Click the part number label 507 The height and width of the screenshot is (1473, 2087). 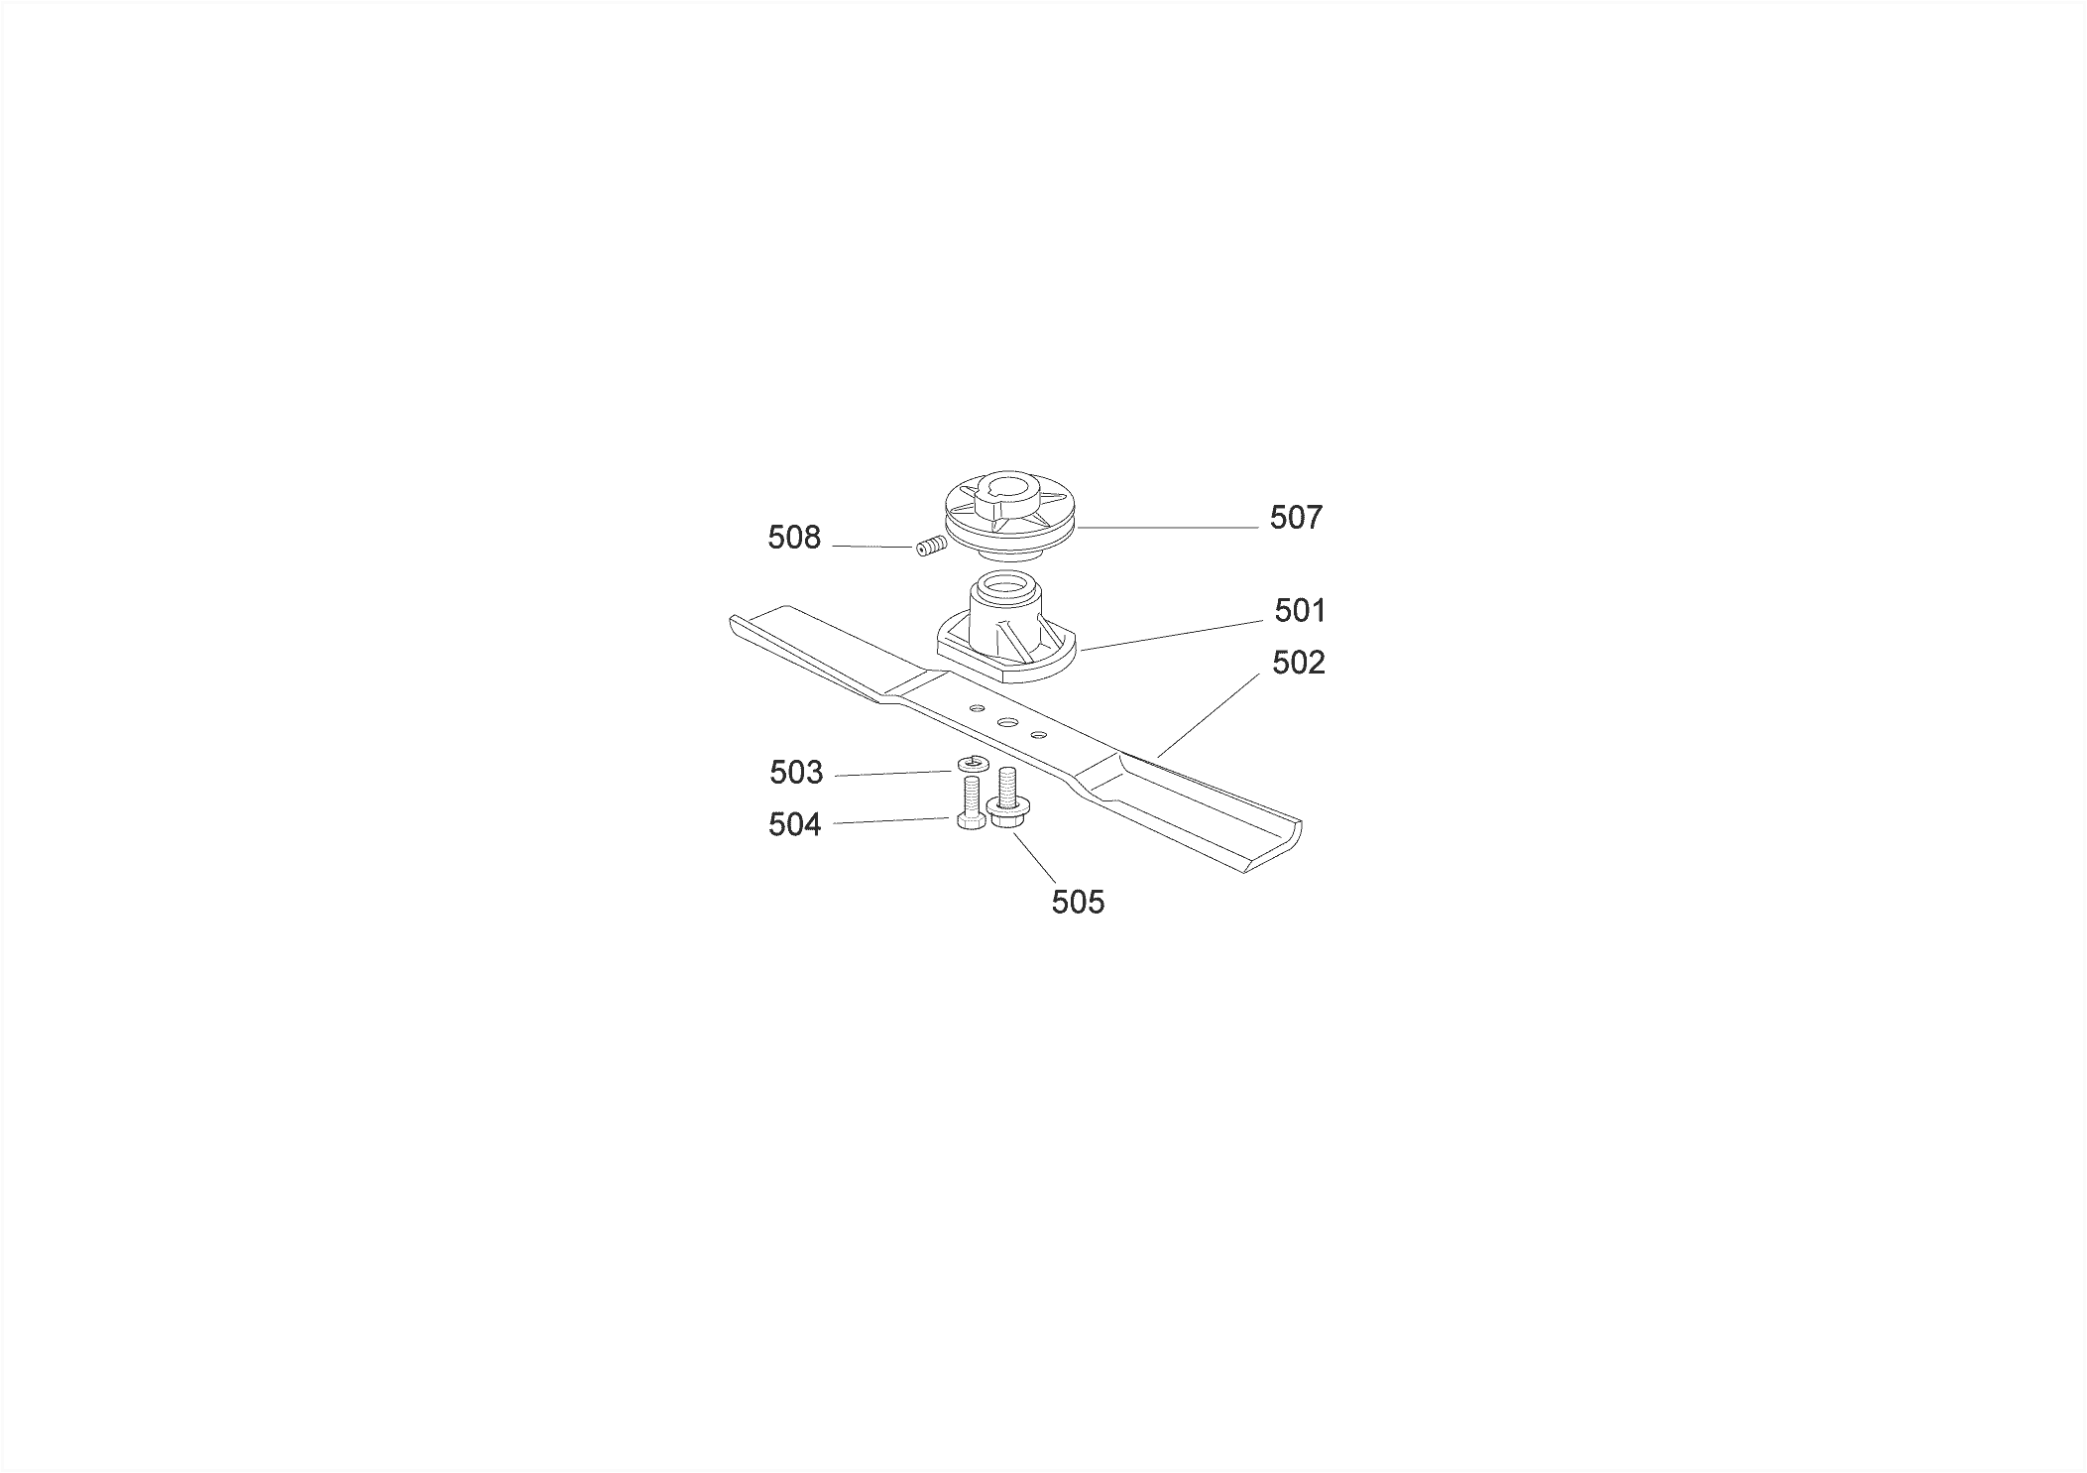(x=1296, y=518)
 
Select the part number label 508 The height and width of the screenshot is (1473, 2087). (x=794, y=538)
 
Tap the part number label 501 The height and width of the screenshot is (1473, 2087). (x=1300, y=611)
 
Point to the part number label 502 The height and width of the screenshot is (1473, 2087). (x=1299, y=663)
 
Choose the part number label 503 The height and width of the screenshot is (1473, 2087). (x=796, y=773)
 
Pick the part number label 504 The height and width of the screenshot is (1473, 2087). (x=795, y=824)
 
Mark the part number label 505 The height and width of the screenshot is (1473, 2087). (x=1078, y=903)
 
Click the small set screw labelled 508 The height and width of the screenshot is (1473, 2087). (x=929, y=547)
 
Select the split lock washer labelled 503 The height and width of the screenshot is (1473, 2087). (x=971, y=764)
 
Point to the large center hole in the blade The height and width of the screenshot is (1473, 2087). (x=1007, y=723)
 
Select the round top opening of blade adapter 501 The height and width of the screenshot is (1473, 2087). (x=1009, y=585)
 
